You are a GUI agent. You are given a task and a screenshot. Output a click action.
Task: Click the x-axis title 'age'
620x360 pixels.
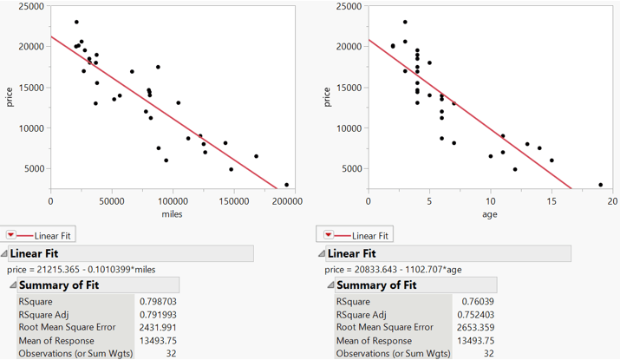click(490, 213)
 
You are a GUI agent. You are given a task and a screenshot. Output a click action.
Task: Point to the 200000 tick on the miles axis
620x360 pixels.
click(288, 200)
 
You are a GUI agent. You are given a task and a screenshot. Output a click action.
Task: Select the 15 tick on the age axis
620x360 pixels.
click(551, 200)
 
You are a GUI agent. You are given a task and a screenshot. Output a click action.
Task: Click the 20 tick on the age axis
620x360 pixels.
click(612, 200)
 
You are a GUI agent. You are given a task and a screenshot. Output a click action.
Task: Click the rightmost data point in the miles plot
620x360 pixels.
click(287, 185)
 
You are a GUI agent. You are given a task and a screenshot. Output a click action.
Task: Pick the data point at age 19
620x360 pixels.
click(600, 185)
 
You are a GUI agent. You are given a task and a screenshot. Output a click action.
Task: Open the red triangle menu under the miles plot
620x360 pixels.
click(11, 235)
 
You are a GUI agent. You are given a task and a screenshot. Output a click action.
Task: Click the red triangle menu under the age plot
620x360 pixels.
click(330, 235)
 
